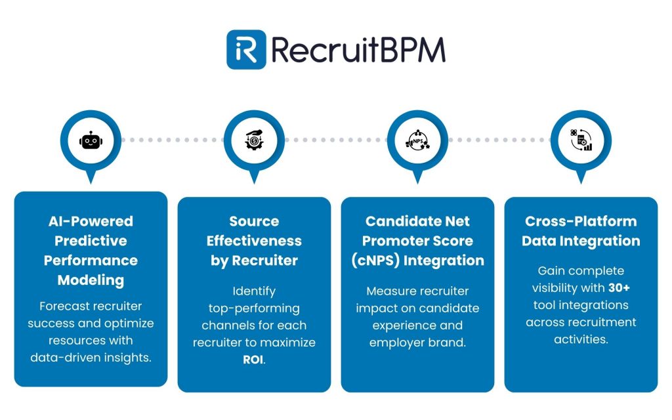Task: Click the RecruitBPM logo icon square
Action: click(x=246, y=49)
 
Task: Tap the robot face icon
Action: click(x=91, y=140)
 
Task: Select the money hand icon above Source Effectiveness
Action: click(x=254, y=140)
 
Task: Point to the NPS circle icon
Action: click(x=417, y=140)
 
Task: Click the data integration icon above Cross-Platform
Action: click(x=581, y=140)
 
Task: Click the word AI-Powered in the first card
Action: click(x=91, y=221)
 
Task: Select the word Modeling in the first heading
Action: click(x=91, y=280)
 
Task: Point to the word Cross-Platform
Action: click(x=581, y=221)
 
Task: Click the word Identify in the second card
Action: click(x=254, y=291)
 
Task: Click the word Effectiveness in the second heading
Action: click(x=254, y=241)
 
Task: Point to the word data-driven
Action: click(x=63, y=358)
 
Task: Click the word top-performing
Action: click(x=254, y=308)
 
